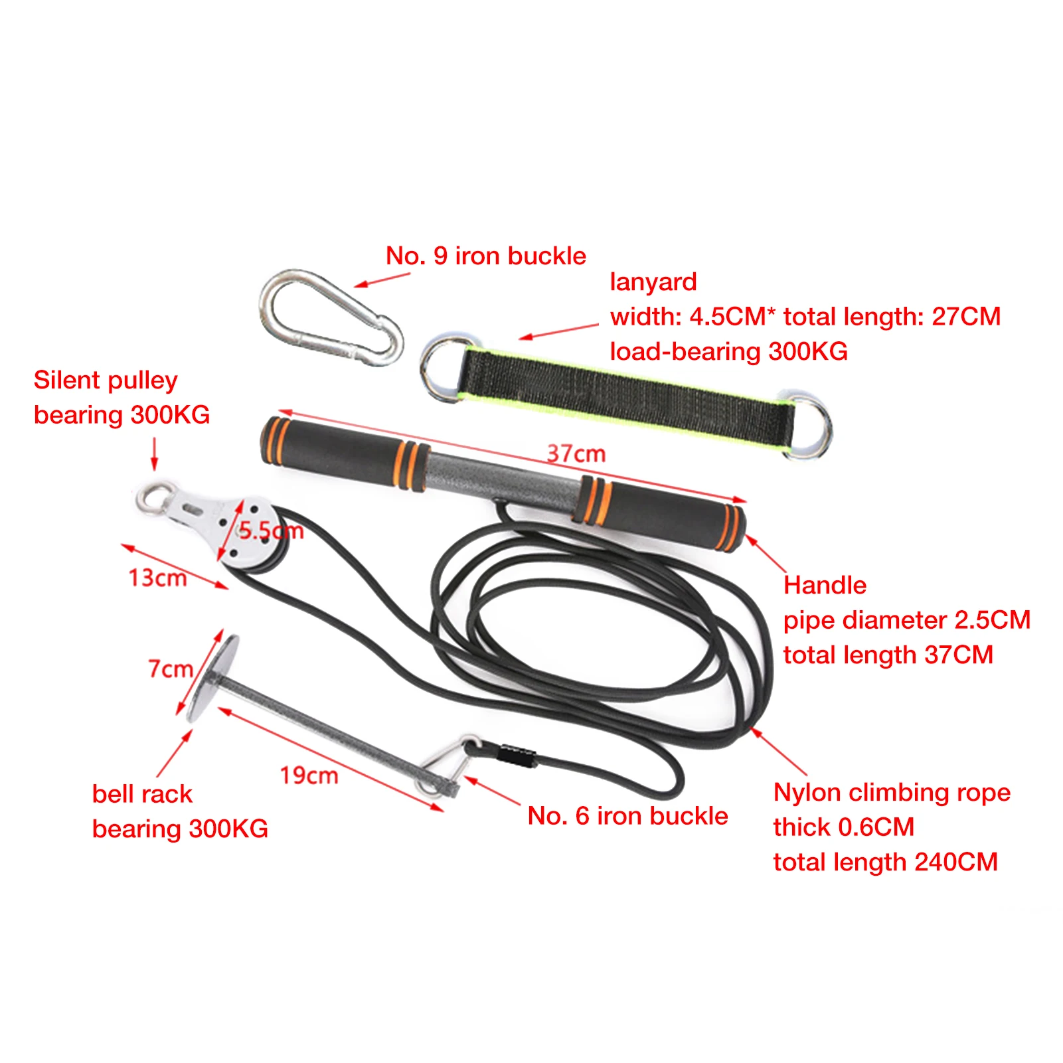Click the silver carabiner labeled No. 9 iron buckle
330,317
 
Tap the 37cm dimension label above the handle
576,454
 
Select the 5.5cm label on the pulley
271,531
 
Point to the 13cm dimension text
157,578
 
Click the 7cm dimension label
170,669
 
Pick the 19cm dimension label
309,775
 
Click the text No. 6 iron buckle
627,816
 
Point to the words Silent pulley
106,380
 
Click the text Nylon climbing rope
891,793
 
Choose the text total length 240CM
885,862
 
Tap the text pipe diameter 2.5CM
906,620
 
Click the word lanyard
653,282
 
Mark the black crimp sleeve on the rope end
518,756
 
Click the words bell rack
142,794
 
